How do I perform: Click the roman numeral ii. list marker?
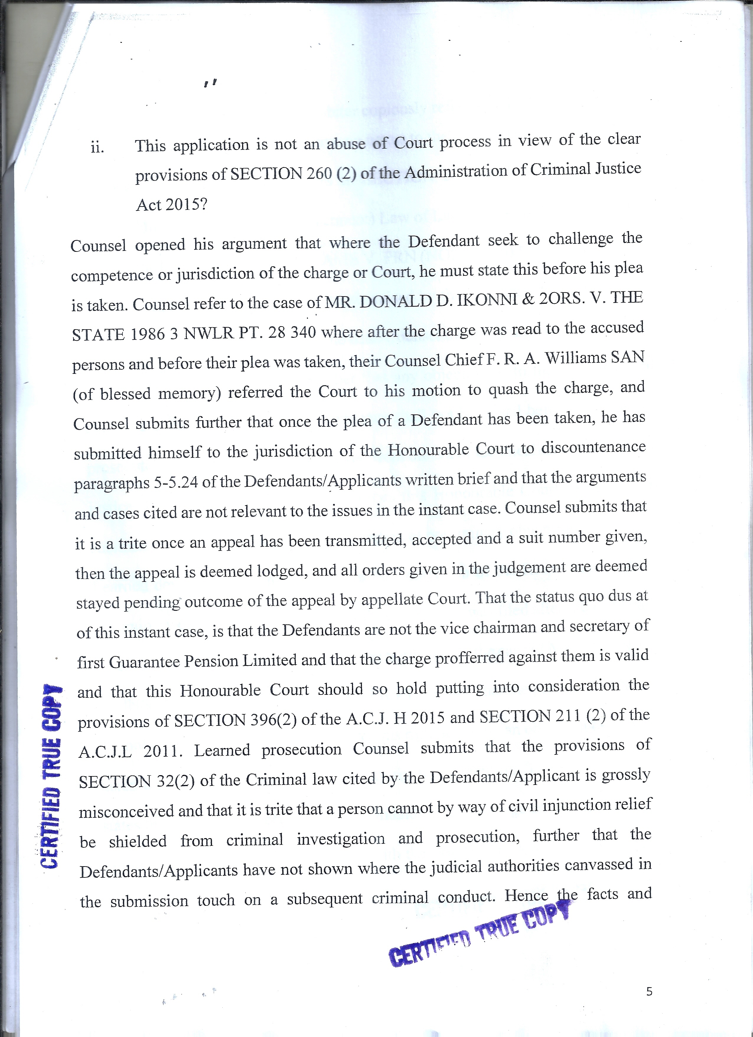click(x=97, y=148)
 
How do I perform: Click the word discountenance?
click(x=593, y=447)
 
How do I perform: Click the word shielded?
click(x=138, y=841)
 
